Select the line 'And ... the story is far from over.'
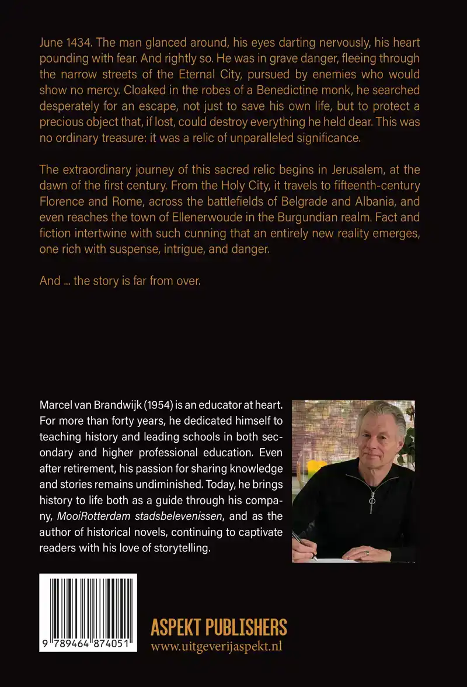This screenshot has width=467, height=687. pos(120,281)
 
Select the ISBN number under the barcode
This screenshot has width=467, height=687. pos(89,645)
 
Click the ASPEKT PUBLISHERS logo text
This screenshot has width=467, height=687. pos(219,627)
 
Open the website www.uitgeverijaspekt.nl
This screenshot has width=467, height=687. pos(216,646)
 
